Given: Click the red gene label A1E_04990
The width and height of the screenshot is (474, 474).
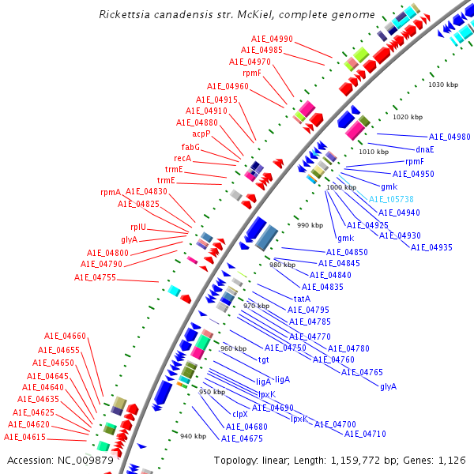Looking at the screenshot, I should click(x=272, y=39).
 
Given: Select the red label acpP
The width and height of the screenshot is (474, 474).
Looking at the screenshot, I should click(x=201, y=134).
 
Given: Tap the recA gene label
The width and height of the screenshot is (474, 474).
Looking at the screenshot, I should click(x=182, y=158).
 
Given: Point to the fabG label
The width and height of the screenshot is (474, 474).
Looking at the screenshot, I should click(x=190, y=147).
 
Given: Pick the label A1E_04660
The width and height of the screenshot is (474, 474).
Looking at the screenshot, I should click(x=65, y=336).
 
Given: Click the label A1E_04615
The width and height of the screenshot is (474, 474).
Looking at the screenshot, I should click(x=24, y=437).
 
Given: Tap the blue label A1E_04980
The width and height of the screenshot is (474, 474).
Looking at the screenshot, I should click(x=450, y=137).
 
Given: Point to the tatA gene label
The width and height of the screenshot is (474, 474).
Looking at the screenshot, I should click(x=302, y=299).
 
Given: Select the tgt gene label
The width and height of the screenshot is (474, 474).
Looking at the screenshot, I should click(x=263, y=359).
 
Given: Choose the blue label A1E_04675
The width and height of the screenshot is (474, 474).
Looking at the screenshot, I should click(x=242, y=438).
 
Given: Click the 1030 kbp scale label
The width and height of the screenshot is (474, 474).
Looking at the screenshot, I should click(x=442, y=85).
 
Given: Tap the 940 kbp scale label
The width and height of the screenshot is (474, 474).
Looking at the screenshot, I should click(x=193, y=436).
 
